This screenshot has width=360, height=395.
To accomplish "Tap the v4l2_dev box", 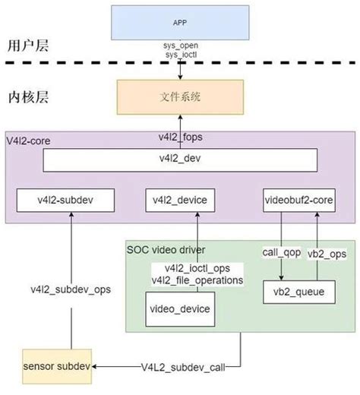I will pos(179,160).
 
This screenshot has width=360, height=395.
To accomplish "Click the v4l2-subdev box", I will pos(65,201).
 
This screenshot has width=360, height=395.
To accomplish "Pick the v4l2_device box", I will pos(181,201).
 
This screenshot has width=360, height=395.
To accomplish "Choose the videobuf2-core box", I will pos(297,201).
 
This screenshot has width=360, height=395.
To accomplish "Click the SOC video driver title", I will pos(166,249).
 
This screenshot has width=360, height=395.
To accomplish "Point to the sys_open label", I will pos(180,46).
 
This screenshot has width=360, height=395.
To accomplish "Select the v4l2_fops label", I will pos(180,137).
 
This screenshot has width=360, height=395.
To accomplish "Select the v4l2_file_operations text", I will pos(198,280).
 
